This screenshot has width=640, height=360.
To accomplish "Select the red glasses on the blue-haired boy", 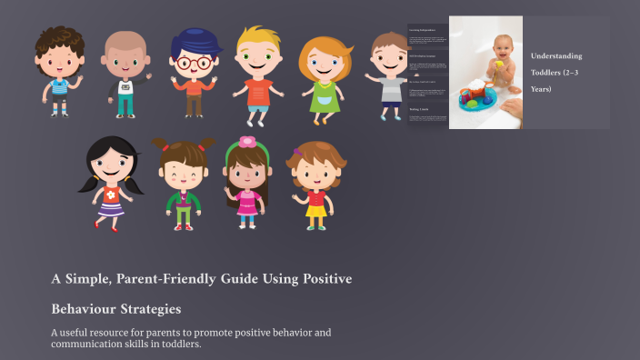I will (194, 63).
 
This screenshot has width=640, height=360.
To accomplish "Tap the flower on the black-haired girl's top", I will (111, 195).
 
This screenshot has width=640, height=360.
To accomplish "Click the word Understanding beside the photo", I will (556, 56).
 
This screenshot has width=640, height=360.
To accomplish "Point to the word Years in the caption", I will (542, 89).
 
